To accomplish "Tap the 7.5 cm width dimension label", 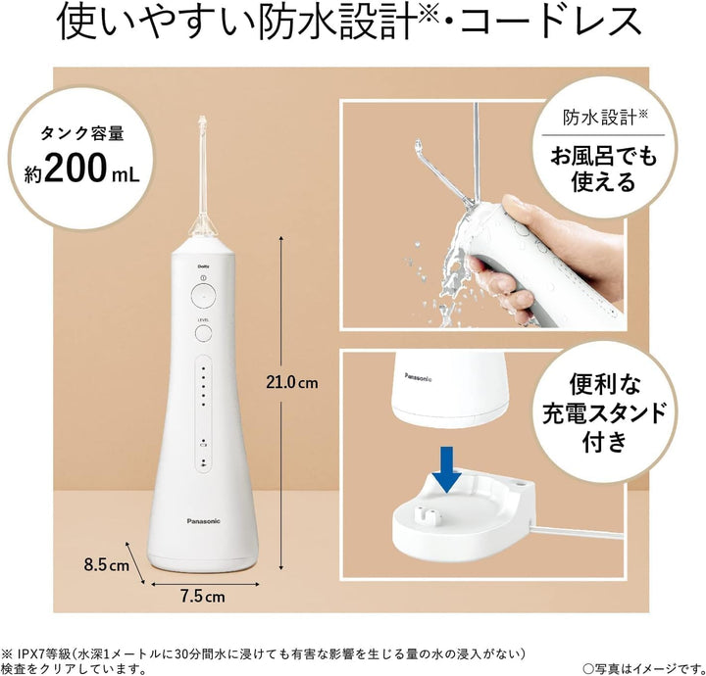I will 201,596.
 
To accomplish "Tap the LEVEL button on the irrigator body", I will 202,332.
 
